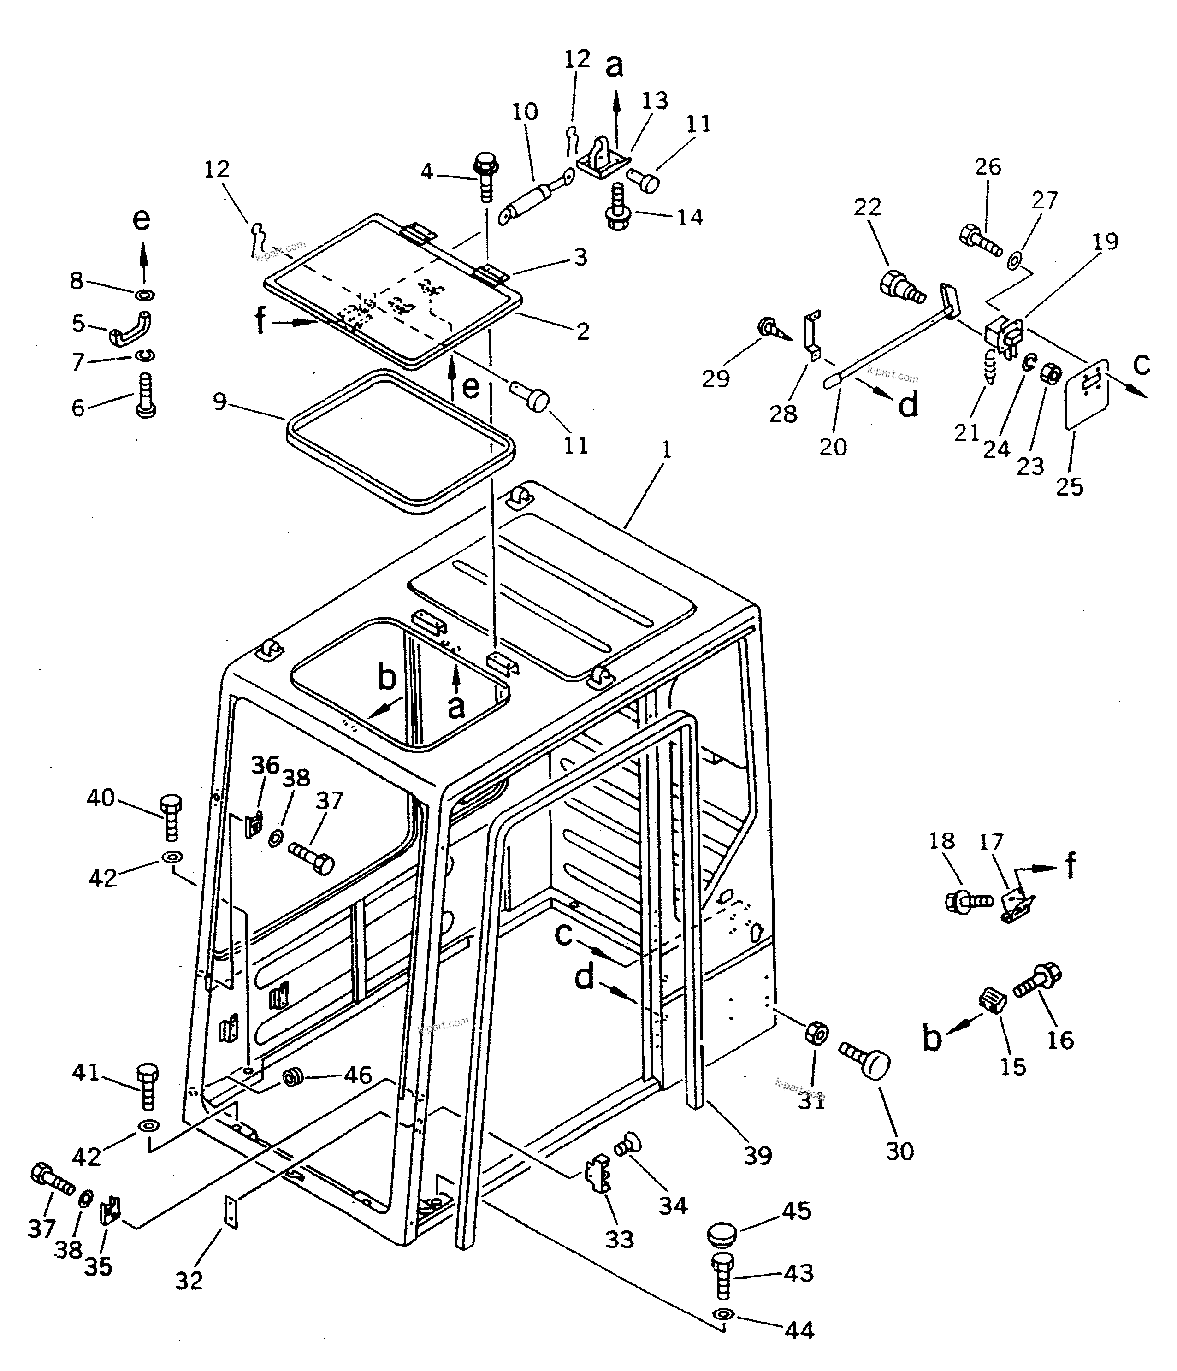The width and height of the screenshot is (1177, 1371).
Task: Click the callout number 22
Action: click(867, 207)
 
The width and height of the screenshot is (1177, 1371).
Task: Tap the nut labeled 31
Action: click(816, 1032)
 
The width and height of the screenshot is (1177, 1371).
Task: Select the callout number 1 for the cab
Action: click(666, 450)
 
